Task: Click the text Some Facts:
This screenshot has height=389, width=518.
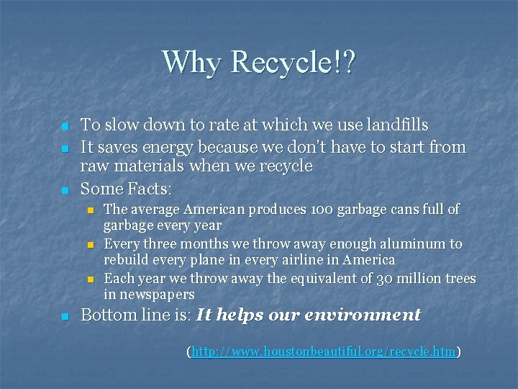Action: click(126, 189)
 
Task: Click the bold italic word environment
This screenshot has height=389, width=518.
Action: click(363, 315)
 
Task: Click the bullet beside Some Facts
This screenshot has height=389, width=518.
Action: click(64, 191)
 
